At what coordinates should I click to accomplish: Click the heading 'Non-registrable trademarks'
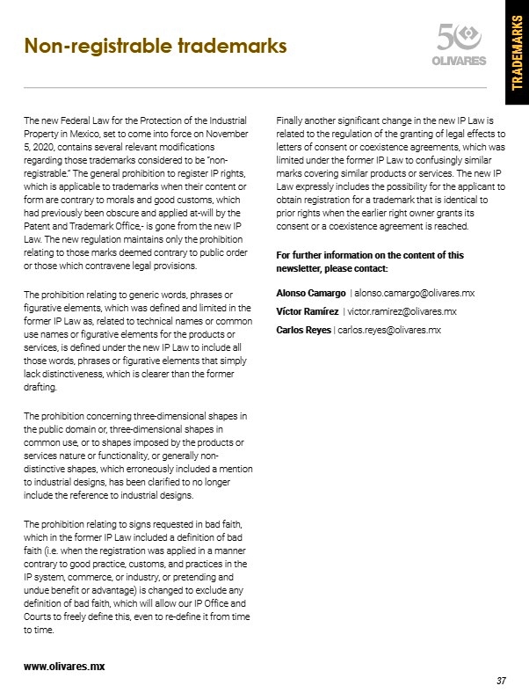click(156, 45)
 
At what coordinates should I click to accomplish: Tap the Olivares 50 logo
click(460, 46)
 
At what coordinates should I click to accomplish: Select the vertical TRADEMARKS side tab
click(517, 54)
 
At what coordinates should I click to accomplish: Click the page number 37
click(501, 680)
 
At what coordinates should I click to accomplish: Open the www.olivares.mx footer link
click(64, 666)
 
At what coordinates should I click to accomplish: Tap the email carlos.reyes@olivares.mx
click(389, 330)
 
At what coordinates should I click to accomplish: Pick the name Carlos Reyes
click(304, 330)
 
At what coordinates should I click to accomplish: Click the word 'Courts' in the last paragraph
click(39, 618)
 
